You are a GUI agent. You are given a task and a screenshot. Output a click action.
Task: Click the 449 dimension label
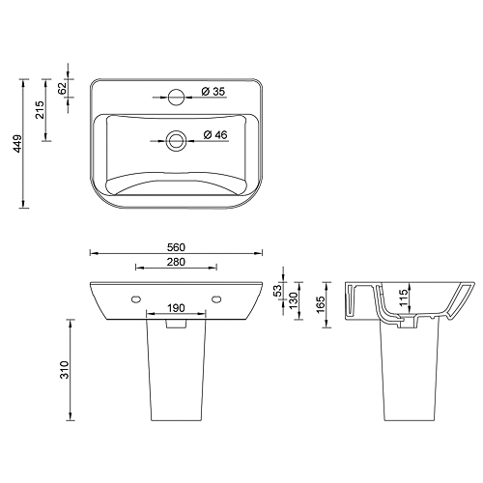(x=17, y=144)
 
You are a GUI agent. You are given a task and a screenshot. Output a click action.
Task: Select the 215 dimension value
(x=40, y=110)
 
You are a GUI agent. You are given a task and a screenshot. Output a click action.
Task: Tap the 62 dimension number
(x=62, y=88)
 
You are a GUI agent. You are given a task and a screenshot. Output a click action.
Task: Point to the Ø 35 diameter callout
(x=213, y=92)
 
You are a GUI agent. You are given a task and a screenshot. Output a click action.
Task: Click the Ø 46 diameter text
(x=215, y=134)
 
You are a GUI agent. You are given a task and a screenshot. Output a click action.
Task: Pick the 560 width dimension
(x=176, y=247)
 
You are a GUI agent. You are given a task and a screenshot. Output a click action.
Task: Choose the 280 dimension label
(x=176, y=262)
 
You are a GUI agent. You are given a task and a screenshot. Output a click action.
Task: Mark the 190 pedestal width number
(x=176, y=308)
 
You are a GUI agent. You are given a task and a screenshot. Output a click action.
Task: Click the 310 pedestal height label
(x=65, y=370)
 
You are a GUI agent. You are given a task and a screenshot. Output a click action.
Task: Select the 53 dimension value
(x=277, y=291)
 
